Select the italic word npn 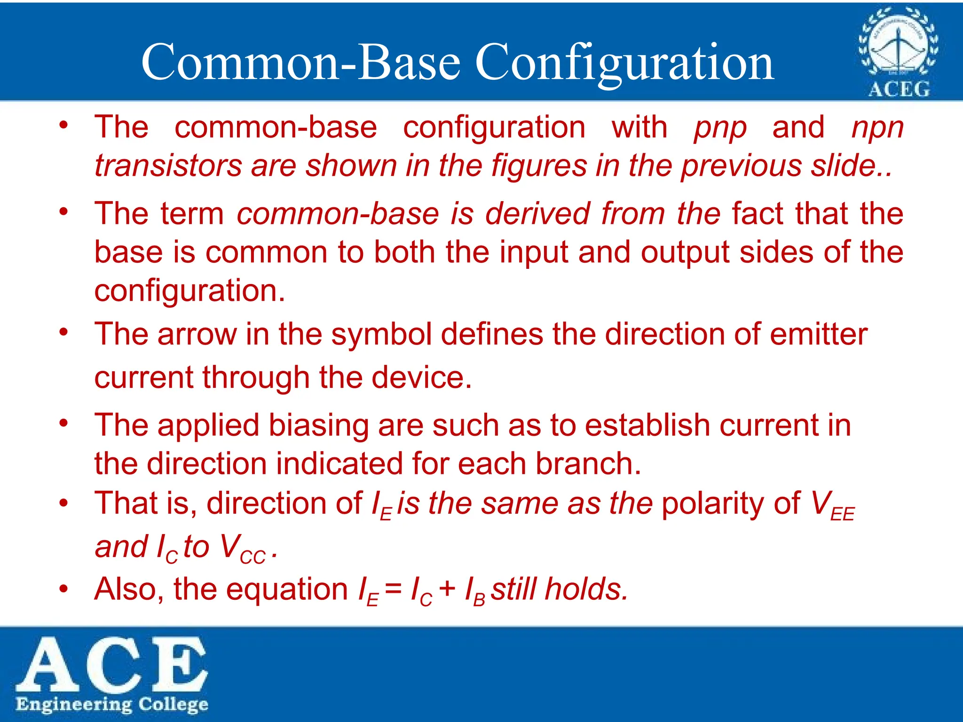[x=877, y=128]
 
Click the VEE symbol [x=833, y=506]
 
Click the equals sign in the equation [x=393, y=589]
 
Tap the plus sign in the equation [x=447, y=589]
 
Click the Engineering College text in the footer [x=112, y=705]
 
